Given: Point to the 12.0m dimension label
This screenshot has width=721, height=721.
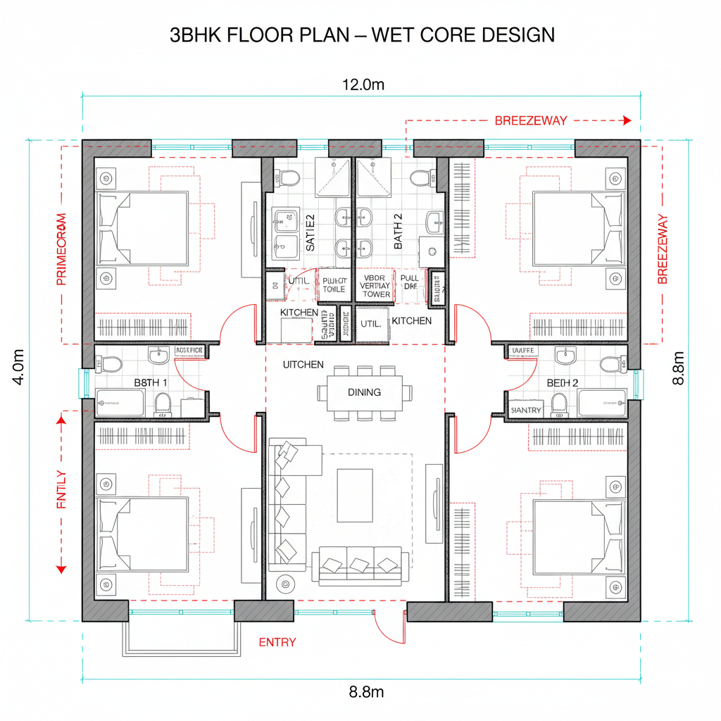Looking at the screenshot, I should [363, 85].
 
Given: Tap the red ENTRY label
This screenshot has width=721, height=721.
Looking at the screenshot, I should [277, 642].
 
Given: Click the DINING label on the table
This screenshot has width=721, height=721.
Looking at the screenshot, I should [364, 392].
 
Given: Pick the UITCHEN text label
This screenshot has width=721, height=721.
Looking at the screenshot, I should [303, 365].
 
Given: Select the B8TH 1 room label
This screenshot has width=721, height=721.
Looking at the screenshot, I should [151, 382].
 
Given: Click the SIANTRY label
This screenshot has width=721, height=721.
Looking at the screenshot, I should [526, 409].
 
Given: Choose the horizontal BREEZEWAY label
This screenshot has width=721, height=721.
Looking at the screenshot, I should [530, 120].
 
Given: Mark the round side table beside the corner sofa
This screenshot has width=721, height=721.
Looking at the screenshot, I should [285, 583].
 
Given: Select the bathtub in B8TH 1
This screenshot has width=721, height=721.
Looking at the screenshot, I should [120, 403].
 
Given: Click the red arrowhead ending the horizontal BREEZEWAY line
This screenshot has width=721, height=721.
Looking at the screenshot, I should [627, 120].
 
